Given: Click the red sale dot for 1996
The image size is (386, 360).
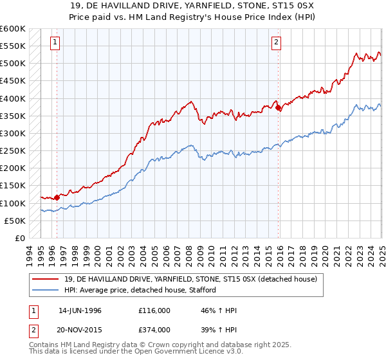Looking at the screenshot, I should [x=57, y=197].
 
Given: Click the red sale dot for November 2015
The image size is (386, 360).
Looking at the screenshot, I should [x=278, y=108].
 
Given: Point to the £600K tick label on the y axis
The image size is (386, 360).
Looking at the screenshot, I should [x=13, y=29].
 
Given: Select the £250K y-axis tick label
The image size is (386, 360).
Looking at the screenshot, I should [x=13, y=151].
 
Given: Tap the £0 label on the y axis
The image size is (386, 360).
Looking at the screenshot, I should [x=19, y=238].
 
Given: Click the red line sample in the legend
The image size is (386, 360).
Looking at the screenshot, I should [x=46, y=279].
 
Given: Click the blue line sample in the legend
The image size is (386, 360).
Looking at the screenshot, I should [x=46, y=290].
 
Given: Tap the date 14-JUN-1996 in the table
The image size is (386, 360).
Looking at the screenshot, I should [x=80, y=310].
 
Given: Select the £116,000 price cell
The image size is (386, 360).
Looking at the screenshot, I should [x=154, y=310].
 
